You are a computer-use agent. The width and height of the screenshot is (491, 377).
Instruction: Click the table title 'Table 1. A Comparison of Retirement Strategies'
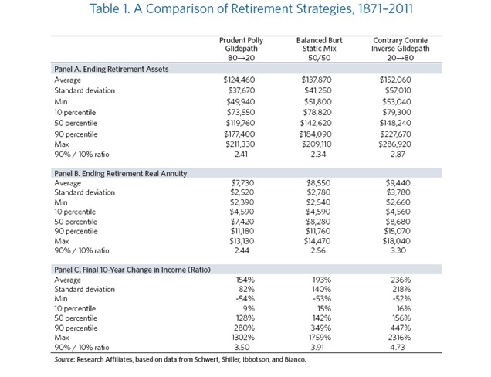click(251, 8)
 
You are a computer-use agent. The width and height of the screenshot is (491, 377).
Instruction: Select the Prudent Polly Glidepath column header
click(241, 49)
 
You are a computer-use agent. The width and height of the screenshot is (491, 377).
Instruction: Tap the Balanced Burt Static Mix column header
click(319, 49)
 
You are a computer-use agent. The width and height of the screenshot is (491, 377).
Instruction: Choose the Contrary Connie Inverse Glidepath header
click(400, 49)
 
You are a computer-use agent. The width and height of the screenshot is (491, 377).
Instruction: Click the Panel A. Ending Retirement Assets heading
click(111, 69)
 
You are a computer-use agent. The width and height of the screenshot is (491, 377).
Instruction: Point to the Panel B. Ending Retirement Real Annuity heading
click(120, 173)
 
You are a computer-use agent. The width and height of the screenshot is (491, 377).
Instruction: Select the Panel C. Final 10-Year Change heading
click(132, 270)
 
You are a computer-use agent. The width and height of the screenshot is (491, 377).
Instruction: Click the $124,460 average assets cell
click(239, 80)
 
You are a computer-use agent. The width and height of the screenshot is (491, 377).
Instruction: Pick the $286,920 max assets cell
click(394, 144)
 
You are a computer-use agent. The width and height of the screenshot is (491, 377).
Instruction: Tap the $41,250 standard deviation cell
click(318, 90)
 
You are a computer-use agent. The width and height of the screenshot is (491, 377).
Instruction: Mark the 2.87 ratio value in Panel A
click(398, 155)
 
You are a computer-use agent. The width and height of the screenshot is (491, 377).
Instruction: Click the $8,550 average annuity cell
click(319, 183)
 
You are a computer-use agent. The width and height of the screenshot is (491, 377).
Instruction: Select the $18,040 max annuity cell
click(396, 241)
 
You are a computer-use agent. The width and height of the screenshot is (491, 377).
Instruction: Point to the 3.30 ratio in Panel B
click(398, 250)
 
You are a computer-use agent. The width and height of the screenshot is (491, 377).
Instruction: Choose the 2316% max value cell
click(401, 338)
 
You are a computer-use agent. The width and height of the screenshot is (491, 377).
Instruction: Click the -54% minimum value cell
click(245, 299)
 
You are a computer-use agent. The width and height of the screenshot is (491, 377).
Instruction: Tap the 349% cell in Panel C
click(322, 328)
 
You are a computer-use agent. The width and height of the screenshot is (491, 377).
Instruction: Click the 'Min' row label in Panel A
click(61, 101)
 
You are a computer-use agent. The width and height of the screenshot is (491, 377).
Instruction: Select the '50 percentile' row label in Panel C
click(76, 318)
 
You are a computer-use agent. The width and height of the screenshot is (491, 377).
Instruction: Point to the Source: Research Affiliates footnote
click(180, 359)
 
